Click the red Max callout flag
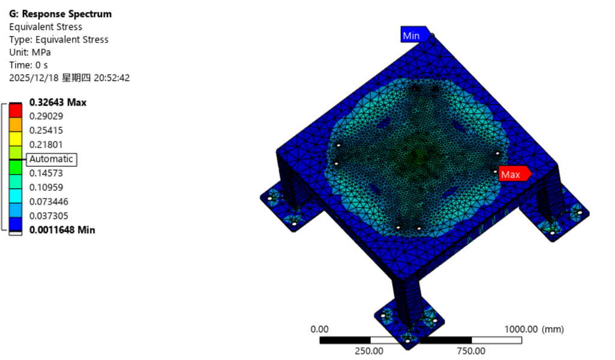tap(514, 174)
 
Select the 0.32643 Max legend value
tap(58, 103)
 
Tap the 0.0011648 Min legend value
tap(62, 230)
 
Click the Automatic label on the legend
tap(51, 159)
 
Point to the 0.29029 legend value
tap(46, 116)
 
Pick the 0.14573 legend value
tap(46, 173)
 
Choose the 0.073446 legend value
tap(49, 202)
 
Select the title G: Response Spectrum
tap(60, 14)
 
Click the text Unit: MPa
tap(30, 52)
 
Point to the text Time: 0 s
tap(28, 65)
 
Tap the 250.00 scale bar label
tap(369, 351)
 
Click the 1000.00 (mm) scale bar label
tap(533, 329)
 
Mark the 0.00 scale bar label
tap(319, 329)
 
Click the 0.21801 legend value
tap(46, 145)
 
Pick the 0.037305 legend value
tap(49, 216)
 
